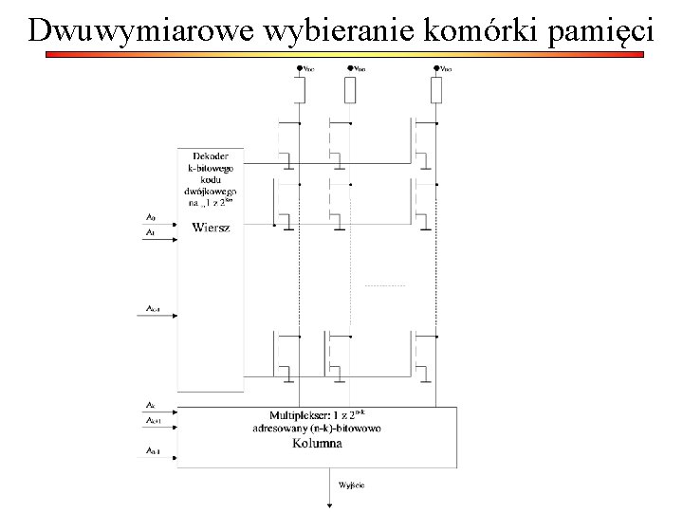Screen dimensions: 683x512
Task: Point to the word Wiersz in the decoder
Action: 210,228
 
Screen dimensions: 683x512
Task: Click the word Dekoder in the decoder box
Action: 210,155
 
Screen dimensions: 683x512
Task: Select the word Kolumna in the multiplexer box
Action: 317,443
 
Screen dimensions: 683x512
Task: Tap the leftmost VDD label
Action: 309,68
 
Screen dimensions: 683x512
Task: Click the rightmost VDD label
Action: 445,68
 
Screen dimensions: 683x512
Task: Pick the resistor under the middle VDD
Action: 349,90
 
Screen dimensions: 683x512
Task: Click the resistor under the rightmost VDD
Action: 436,90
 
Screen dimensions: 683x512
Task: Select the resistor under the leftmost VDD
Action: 299,90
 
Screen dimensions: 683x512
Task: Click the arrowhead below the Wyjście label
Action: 328,504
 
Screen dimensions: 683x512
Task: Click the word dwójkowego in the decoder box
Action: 211,191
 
